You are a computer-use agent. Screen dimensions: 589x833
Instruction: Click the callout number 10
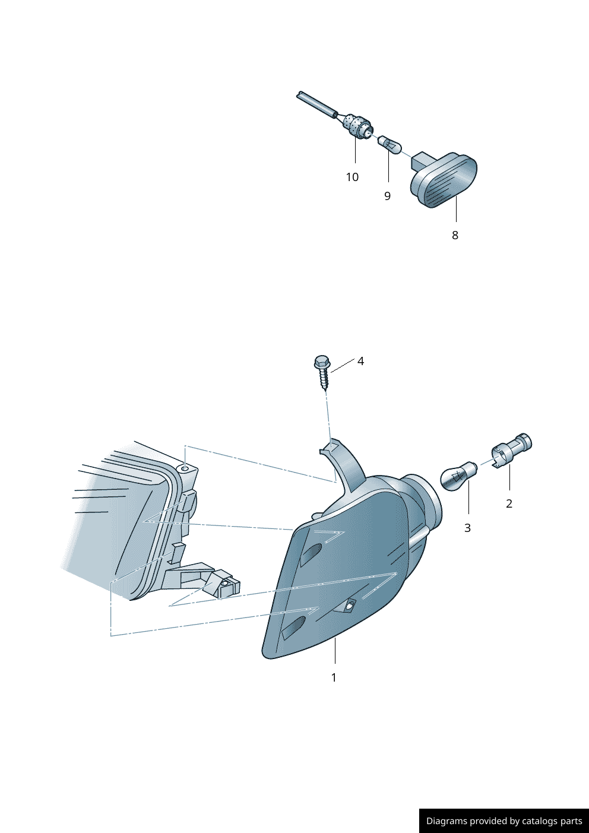click(x=352, y=178)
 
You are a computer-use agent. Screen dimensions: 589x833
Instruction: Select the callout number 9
click(x=388, y=196)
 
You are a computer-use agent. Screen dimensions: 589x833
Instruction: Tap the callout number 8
click(x=455, y=235)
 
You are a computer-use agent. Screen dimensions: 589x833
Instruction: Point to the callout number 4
click(x=360, y=361)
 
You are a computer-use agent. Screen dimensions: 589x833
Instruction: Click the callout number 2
click(x=509, y=503)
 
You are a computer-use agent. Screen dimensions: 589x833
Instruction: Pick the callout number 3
click(x=467, y=528)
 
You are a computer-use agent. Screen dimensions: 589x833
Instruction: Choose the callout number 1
click(x=334, y=677)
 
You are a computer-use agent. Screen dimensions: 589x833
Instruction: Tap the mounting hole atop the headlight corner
click(x=185, y=469)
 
